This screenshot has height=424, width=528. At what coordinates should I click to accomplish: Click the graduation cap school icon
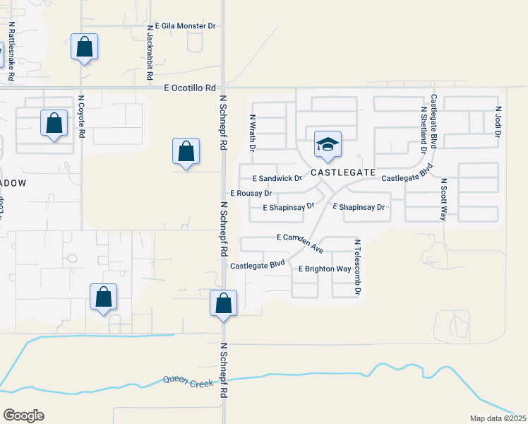tap(328, 146)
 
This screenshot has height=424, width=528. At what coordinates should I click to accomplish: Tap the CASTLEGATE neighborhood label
tap(342, 172)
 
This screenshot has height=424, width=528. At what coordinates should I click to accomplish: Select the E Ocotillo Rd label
tap(189, 88)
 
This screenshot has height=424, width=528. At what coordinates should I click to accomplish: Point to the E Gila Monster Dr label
tap(180, 26)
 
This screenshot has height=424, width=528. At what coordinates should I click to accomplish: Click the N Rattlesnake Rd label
tap(12, 49)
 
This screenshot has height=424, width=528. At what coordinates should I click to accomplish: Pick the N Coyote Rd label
tap(82, 117)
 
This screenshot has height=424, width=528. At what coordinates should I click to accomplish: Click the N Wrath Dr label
tap(251, 134)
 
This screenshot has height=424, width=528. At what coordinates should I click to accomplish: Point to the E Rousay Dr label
tap(251, 193)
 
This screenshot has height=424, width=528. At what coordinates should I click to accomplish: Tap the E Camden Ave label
tap(300, 241)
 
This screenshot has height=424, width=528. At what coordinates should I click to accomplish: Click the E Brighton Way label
tap(325, 269)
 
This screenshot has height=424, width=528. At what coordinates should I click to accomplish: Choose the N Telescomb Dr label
tap(358, 267)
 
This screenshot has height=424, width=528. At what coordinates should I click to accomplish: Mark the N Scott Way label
tap(444, 199)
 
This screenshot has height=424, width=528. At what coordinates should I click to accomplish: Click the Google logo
tap(23, 416)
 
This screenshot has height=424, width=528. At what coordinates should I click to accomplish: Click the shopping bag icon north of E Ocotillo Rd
tap(85, 48)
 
